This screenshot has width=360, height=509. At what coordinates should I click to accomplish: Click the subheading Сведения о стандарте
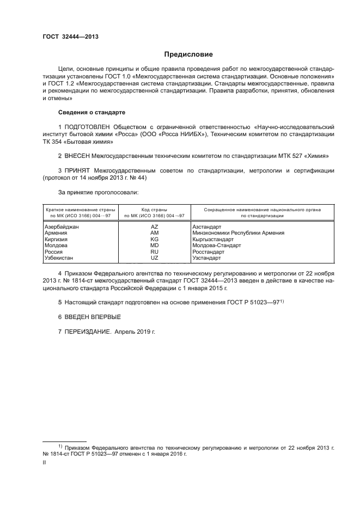[x=91, y=112]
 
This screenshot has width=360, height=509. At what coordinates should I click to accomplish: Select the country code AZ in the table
[x=154, y=226]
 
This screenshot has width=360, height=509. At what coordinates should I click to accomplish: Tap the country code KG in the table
[x=154, y=239]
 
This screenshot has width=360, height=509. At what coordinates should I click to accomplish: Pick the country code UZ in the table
[x=154, y=258]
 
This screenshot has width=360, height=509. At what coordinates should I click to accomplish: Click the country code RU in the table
[x=154, y=252]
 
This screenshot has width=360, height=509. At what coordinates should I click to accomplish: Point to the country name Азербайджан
[x=61, y=226]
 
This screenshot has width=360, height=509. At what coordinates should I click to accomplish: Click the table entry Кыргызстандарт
[x=216, y=239]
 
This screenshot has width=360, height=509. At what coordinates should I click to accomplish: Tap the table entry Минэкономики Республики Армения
[x=238, y=233]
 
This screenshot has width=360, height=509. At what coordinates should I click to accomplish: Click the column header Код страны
[x=154, y=209]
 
